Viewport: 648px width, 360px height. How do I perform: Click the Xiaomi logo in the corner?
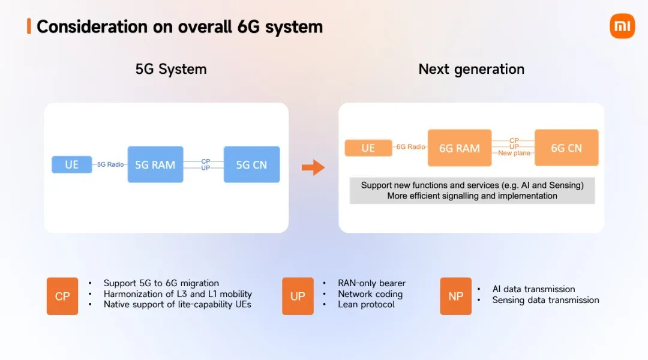pos(622,26)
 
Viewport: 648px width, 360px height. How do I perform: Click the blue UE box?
pos(71,164)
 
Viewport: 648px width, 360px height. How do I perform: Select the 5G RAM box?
pos(155,164)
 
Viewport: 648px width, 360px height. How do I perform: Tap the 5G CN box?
pos(251,164)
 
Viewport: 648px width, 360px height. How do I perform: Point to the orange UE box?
pos(368,148)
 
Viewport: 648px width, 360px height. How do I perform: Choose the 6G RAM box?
pos(459,148)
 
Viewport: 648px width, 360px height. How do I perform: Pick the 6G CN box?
pos(566,148)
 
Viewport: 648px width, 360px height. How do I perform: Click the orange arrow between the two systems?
pos(313,167)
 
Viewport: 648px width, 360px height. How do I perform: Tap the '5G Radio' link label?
pos(110,164)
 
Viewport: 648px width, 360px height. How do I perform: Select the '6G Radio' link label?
pos(411,147)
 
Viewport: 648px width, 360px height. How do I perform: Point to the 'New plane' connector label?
pos(514,154)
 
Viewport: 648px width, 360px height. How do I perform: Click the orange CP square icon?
pos(62,296)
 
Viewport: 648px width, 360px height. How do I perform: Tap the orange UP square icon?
pos(298,296)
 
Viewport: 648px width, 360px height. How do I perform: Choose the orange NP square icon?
pos(455,296)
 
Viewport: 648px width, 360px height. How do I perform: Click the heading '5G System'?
pos(171,69)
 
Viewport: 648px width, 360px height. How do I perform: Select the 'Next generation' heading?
pos(471,69)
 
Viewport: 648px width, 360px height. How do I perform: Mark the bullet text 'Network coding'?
pos(370,294)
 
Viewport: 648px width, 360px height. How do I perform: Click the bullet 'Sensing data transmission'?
pos(545,300)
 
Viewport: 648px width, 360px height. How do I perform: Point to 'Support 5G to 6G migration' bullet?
pos(161,283)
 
